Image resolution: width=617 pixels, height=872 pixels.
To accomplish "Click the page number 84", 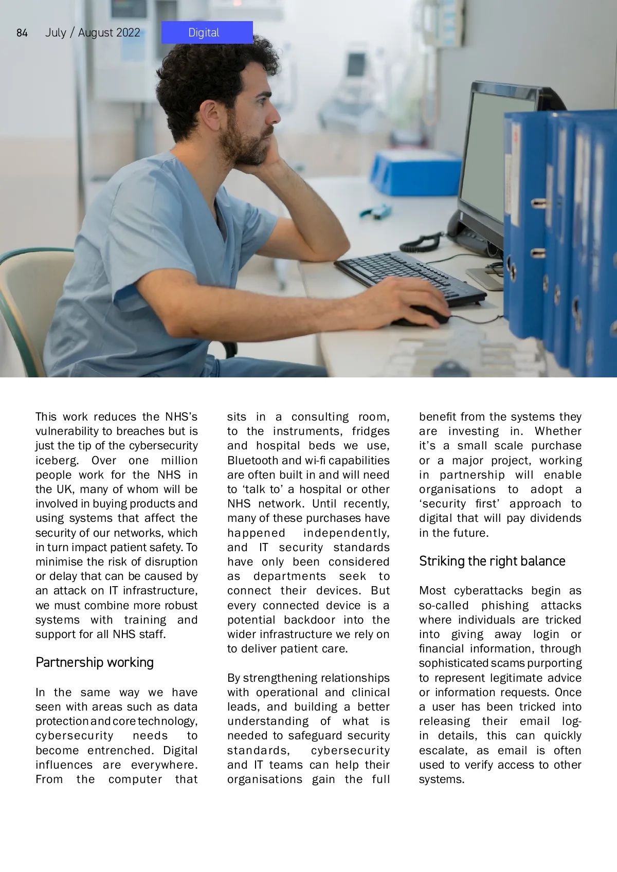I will pyautogui.click(x=22, y=33).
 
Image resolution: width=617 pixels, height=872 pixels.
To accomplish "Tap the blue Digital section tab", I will pyautogui.click(x=207, y=32).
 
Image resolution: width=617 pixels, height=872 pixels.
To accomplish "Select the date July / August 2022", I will pyautogui.click(x=93, y=33).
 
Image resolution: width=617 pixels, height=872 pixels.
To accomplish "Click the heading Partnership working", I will pyautogui.click(x=95, y=662).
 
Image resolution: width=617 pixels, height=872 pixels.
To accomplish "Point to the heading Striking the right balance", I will pyautogui.click(x=492, y=561).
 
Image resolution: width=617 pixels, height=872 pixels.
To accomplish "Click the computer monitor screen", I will pyautogui.click(x=494, y=154).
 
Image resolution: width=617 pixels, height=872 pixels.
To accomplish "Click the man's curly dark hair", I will pyautogui.click(x=216, y=67).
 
